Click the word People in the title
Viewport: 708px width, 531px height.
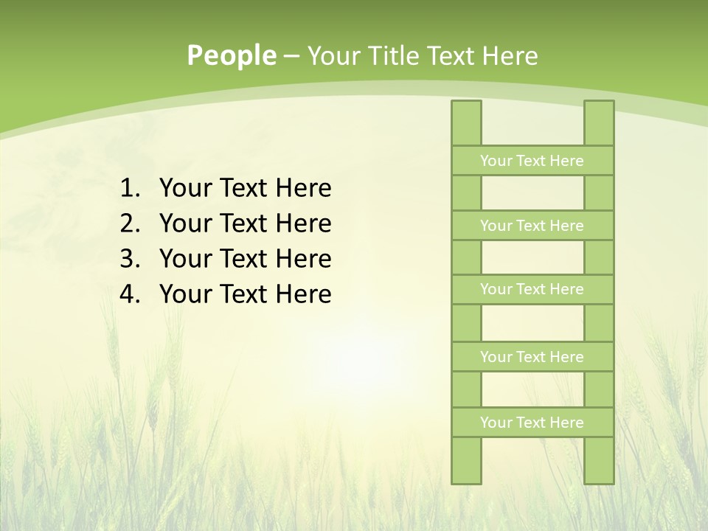coord(231,56)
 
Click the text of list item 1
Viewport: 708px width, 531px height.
coord(245,189)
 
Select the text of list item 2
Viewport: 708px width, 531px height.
coord(245,223)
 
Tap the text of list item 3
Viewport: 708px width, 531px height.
coord(245,259)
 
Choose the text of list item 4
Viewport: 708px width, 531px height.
coord(245,294)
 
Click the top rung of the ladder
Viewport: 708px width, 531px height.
coord(532,161)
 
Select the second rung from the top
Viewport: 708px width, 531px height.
coord(532,226)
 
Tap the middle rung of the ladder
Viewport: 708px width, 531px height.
coord(532,290)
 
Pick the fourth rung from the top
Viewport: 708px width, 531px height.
coord(532,357)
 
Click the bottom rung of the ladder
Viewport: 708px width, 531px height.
coord(532,423)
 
